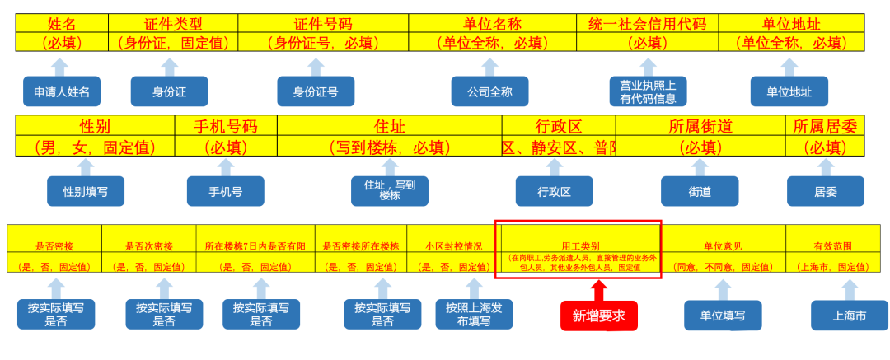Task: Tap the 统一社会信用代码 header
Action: pos(648,24)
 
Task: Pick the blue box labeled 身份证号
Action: pos(316,91)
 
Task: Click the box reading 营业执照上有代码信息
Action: pos(648,91)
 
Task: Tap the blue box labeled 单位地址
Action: pos(789,91)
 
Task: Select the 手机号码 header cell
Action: pos(226,127)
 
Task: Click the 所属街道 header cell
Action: pos(700,127)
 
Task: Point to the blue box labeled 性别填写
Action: pos(86,191)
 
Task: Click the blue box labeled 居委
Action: pos(825,191)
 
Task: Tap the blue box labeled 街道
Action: pos(700,191)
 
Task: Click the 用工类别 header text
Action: pos(580,245)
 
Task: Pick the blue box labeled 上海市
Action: pos(850,315)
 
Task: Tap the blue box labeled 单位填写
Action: pos(723,315)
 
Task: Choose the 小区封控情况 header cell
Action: pos(453,245)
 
